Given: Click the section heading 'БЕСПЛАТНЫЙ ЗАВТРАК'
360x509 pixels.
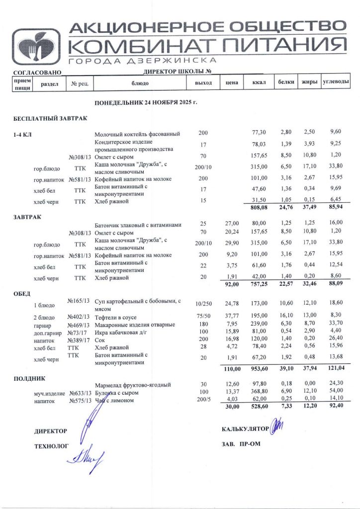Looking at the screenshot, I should coord(50,118).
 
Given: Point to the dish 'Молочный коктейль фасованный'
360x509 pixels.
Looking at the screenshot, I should coord(137,134).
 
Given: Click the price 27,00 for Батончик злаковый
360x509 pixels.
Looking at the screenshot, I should coord(232,225).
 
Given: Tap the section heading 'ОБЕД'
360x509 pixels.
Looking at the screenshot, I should coord(22,293).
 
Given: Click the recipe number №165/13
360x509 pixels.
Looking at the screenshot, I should coord(78,301).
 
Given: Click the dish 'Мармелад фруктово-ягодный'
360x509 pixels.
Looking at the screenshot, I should coord(133,385).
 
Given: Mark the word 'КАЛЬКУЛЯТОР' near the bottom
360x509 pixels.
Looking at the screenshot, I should coord(245,428).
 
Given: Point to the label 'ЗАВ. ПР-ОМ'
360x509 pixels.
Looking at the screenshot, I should coord(241,444).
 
